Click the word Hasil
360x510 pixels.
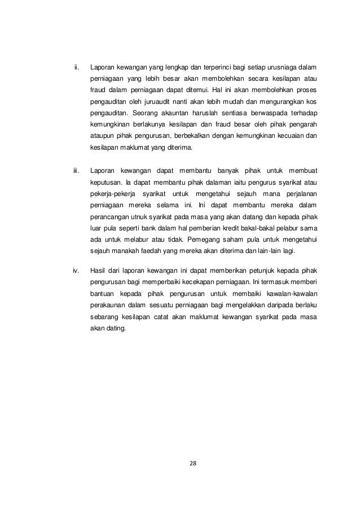point(99,269)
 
